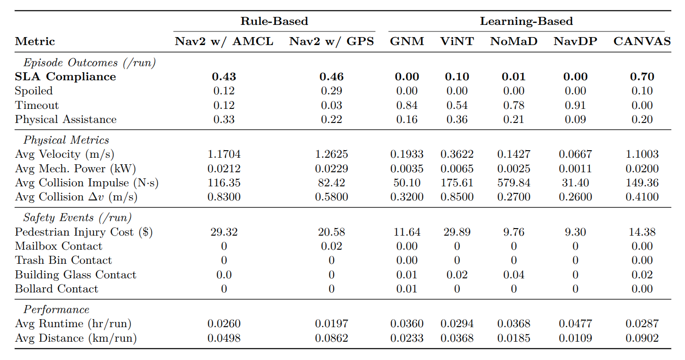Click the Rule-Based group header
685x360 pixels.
274,21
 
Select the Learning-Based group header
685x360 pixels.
526,21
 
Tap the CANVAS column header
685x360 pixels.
642,41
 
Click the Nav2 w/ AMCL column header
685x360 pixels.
224,41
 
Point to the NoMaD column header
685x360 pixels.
513,41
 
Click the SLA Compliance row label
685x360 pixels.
65,77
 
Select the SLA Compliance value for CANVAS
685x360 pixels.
642,77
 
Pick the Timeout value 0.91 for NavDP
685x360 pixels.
575,105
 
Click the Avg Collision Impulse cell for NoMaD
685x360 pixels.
513,183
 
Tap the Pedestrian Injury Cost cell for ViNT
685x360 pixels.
457,232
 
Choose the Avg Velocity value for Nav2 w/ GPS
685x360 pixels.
331,154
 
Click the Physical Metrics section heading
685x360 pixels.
66,140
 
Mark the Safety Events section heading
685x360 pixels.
77,218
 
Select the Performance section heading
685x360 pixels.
56,309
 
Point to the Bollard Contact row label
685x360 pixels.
56,289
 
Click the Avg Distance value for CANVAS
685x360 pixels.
642,338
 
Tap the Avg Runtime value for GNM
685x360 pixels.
407,323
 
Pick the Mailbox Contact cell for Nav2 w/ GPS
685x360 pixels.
331,246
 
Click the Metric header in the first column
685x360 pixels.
35,41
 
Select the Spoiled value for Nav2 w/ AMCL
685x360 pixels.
224,91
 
